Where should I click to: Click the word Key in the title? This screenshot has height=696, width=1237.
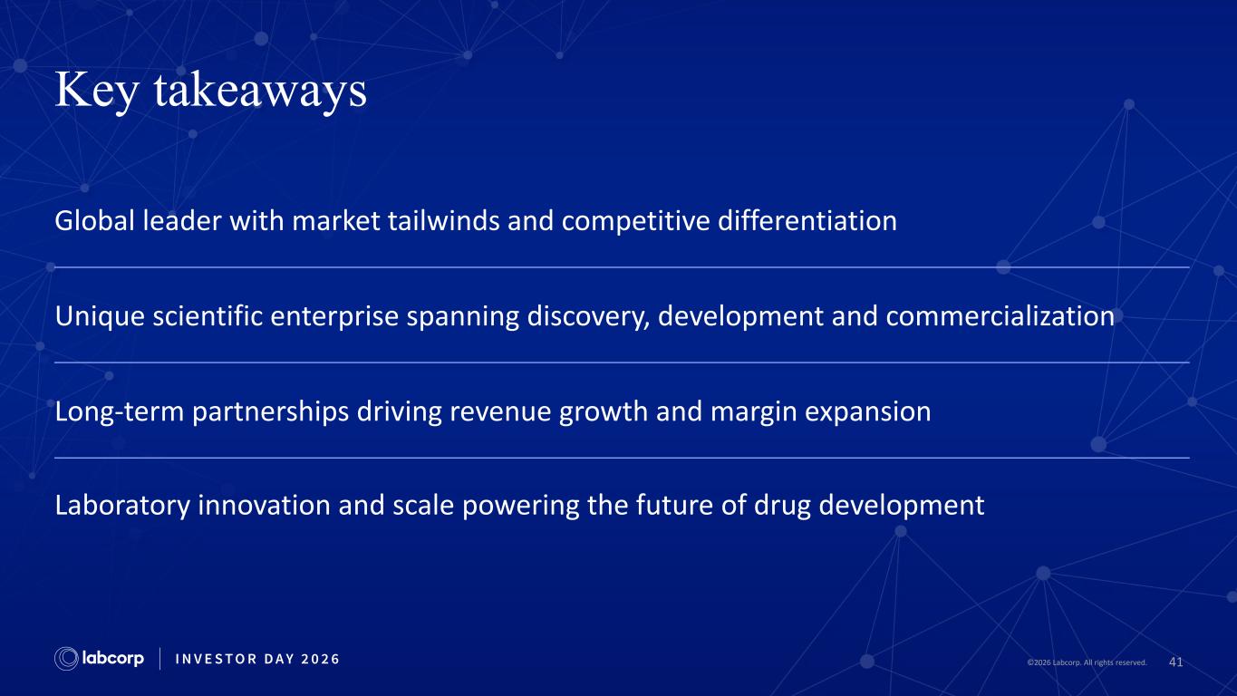(97, 92)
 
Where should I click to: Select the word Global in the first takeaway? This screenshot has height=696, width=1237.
(95, 221)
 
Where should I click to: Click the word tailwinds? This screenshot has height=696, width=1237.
(443, 221)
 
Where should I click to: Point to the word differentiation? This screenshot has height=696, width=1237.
(807, 221)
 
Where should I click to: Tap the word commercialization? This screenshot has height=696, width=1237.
(1000, 316)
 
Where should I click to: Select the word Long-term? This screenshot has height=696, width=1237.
(120, 412)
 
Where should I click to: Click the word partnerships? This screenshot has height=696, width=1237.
(271, 412)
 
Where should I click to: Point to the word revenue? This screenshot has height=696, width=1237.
(500, 412)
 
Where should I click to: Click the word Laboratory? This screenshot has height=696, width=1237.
(122, 506)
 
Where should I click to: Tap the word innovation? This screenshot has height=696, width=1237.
(264, 505)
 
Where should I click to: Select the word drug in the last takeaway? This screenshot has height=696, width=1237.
(782, 506)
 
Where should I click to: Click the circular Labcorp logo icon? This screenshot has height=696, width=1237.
(66, 659)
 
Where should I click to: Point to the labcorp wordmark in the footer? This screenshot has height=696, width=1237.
(113, 659)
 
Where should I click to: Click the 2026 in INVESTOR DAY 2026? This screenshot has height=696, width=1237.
(320, 659)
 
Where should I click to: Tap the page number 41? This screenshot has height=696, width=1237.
(1175, 662)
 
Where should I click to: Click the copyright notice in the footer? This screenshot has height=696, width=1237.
(1087, 662)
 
